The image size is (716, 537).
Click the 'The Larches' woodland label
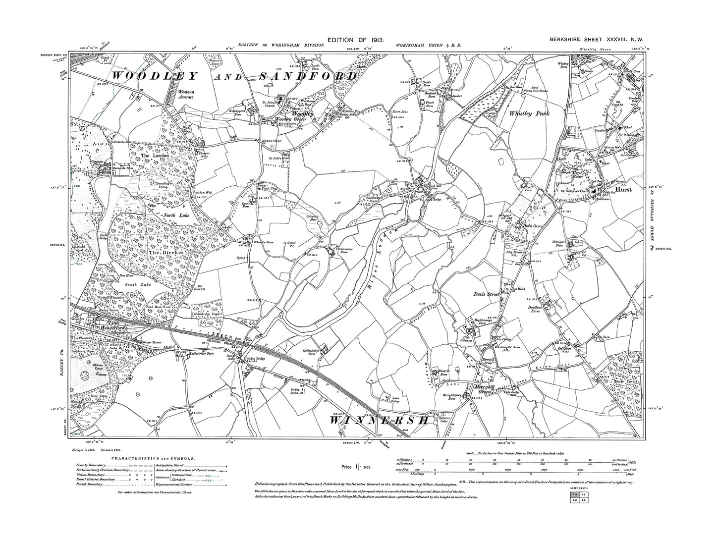pos(152,155)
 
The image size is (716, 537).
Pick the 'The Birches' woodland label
pos(166,252)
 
